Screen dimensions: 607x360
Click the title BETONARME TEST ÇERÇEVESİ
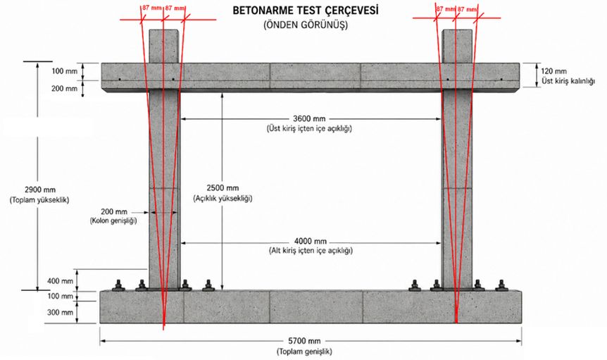[x=306, y=11]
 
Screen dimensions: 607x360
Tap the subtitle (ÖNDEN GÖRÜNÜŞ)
[x=306, y=25]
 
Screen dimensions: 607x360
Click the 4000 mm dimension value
[x=310, y=242]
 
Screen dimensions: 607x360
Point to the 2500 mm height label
[x=223, y=188]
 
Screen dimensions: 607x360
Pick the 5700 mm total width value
[x=304, y=341]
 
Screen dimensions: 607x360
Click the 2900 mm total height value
[x=40, y=190]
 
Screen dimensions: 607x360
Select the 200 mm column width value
[x=114, y=212]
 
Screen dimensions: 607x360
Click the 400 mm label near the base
[x=60, y=280]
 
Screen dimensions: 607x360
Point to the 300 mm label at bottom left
[x=60, y=312]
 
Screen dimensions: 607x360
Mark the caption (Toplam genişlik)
[x=304, y=352]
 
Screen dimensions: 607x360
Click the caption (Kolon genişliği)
[x=113, y=221]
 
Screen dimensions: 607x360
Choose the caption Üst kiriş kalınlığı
[x=568, y=81]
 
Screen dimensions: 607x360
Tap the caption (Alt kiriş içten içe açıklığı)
[x=311, y=251]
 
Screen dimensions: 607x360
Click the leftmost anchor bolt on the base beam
[x=118, y=285]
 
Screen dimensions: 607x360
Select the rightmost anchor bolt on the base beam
[x=501, y=285]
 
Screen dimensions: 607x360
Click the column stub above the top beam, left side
[x=164, y=46]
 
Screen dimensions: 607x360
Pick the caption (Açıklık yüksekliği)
[x=223, y=199]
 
